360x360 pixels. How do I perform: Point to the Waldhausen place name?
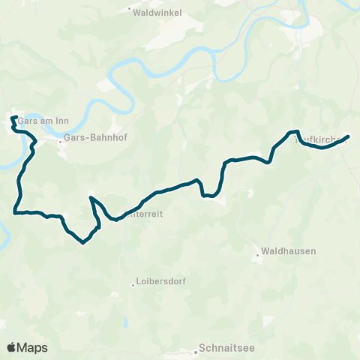(x=289, y=252)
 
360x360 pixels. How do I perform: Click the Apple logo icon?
(x=12, y=347)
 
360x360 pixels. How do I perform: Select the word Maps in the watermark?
(x=33, y=347)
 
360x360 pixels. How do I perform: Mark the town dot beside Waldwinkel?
(x=130, y=10)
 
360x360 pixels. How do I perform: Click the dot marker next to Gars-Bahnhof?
(x=61, y=139)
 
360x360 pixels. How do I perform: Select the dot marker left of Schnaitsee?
(x=194, y=349)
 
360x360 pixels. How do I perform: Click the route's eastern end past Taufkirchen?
(x=349, y=136)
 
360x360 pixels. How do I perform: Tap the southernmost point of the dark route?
(x=82, y=242)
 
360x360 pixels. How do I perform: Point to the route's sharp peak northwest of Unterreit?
(x=91, y=198)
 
